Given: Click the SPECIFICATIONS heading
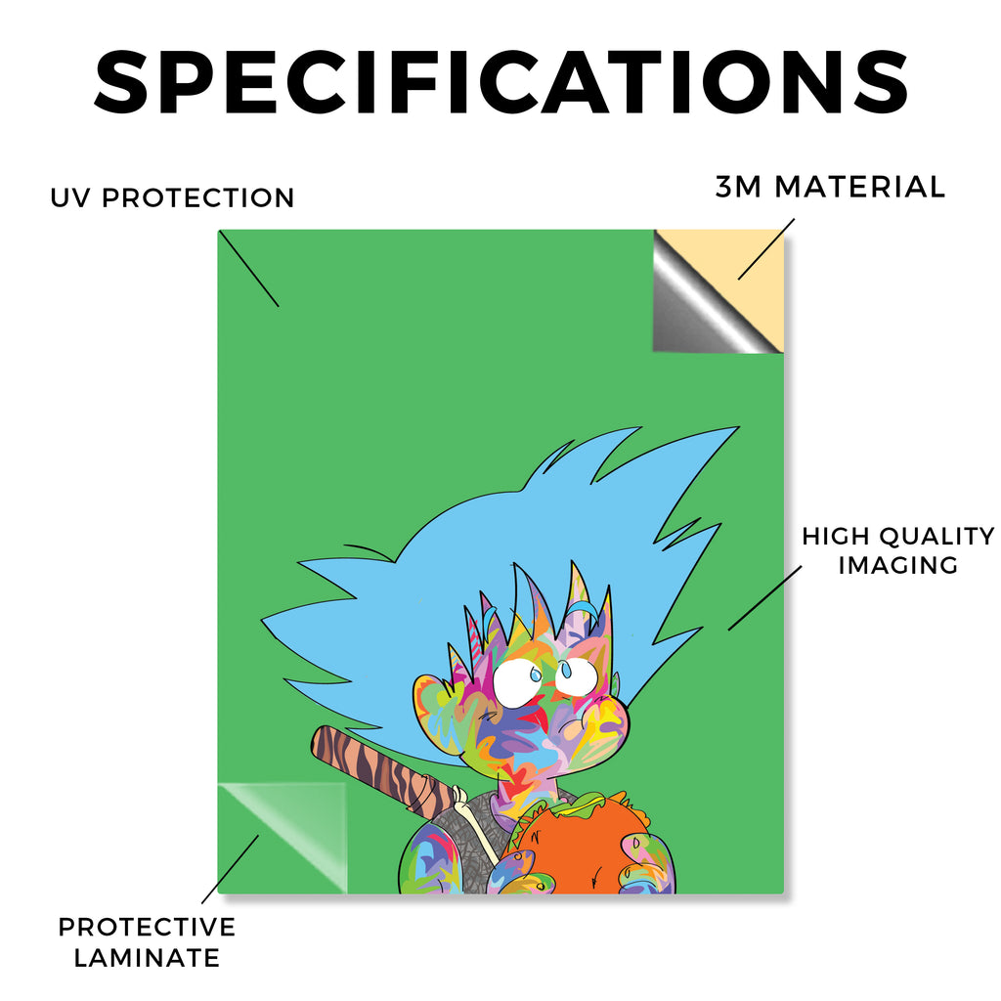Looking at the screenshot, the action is coord(501,82).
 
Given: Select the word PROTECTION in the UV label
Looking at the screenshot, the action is coord(197,197).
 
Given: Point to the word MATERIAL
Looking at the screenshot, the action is coord(859,187).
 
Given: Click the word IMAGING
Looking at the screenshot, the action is coord(898,565).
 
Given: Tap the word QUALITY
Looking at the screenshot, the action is coord(937,537).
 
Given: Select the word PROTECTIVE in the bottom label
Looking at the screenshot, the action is coord(147,927).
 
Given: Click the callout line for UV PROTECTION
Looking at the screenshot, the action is coord(249,269).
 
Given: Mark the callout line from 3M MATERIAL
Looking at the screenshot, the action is coord(766,249).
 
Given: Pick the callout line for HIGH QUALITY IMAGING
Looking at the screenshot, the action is coord(764,598).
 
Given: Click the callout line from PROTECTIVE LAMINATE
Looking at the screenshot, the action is coord(230,869).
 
